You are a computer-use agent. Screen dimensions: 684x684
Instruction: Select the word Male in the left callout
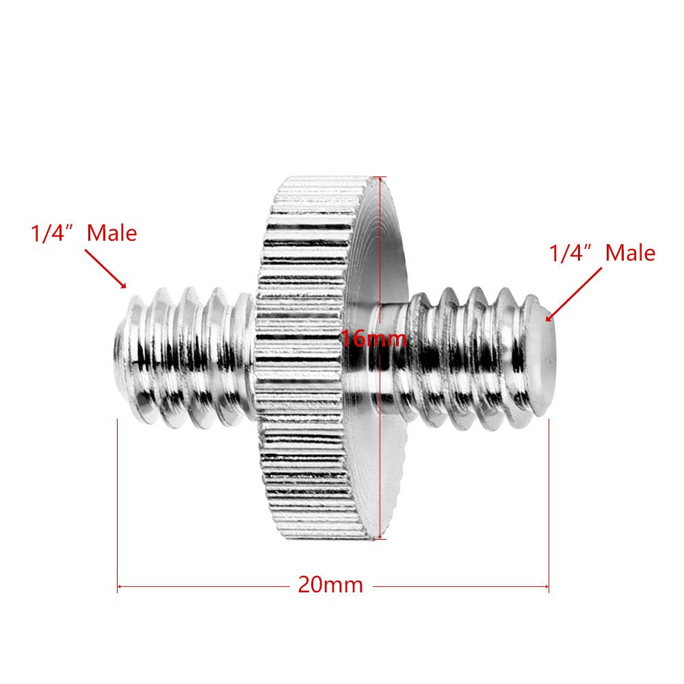click(x=112, y=233)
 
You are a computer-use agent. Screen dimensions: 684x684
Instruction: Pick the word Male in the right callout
click(x=630, y=253)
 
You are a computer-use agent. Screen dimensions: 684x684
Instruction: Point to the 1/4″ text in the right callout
click(x=571, y=253)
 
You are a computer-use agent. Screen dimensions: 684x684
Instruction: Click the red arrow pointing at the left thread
click(x=106, y=268)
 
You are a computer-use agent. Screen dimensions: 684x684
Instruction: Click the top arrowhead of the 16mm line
click(x=380, y=179)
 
